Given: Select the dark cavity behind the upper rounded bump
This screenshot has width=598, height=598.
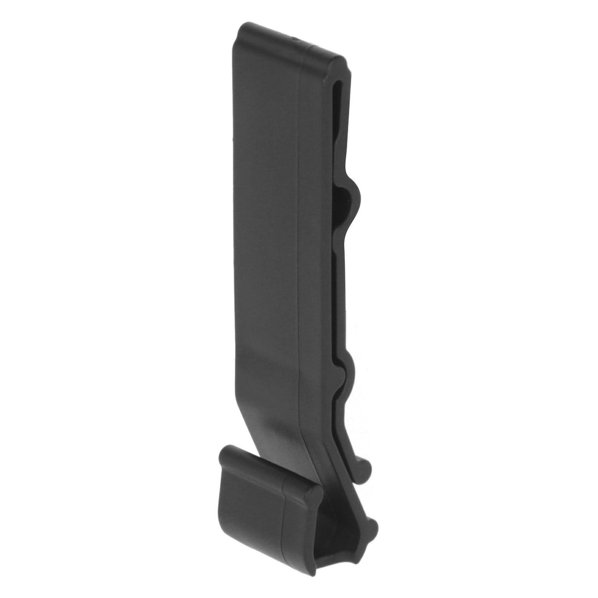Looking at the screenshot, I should (345, 207).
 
